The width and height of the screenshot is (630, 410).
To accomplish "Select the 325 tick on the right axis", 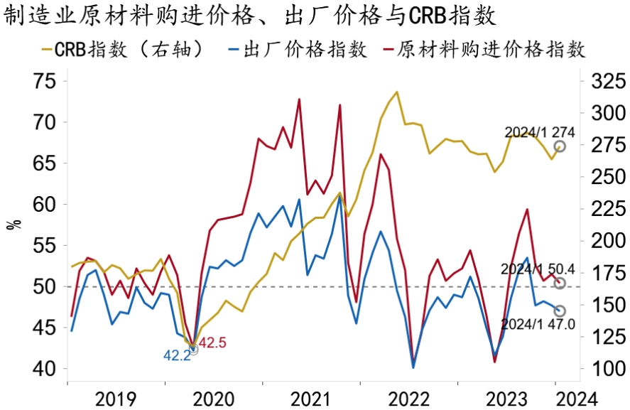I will coord(602,80).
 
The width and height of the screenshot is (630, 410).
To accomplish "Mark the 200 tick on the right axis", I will coord(602,241).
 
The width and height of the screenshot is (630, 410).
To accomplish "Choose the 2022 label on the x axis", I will coord(408,396).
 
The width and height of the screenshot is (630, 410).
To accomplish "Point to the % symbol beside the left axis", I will coord(12,225).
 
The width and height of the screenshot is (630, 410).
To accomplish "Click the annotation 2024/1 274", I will coord(540,132).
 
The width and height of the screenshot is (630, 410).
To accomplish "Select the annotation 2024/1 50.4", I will coord(537,269).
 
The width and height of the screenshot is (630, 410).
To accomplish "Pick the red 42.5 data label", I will coord(212,343).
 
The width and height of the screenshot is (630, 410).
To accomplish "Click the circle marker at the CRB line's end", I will coord(560,146).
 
